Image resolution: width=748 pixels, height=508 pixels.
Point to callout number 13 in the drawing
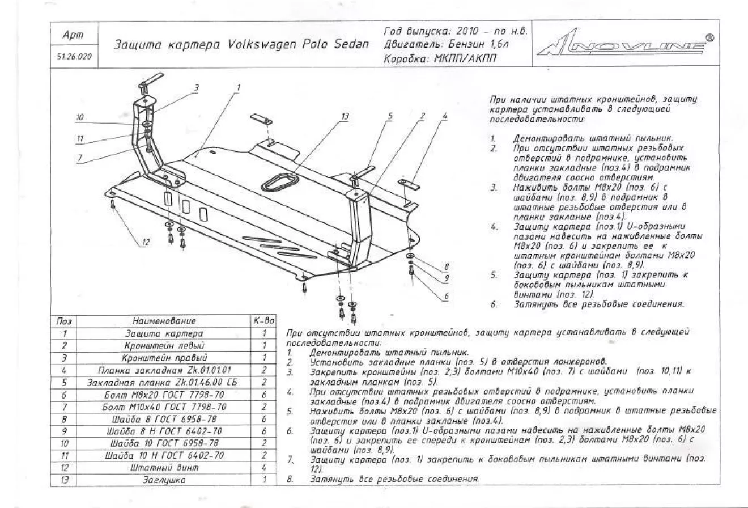click(345, 117)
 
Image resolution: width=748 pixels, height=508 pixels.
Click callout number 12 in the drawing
click(146, 242)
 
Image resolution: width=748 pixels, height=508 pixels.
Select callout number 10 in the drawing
click(80, 118)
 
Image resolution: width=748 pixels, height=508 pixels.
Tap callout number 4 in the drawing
click(445, 116)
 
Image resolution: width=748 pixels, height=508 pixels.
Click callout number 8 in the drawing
click(447, 266)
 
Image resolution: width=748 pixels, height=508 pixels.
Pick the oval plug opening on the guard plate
click(280, 183)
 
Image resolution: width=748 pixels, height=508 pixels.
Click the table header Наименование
click(164, 321)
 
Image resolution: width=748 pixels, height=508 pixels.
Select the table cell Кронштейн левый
click(164, 345)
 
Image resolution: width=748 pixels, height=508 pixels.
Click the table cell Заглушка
click(164, 480)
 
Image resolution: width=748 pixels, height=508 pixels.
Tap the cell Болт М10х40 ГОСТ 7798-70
click(164, 407)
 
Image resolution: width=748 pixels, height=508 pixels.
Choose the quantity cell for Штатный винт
click(264, 468)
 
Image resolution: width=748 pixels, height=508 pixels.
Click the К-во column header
click(264, 321)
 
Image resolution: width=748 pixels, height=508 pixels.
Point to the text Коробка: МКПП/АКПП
click(440, 58)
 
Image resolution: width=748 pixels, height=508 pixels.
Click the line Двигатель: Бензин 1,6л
click(446, 44)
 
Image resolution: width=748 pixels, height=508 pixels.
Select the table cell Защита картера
click(164, 333)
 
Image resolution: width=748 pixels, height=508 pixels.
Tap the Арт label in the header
click(73, 35)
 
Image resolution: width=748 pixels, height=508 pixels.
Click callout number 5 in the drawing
click(390, 116)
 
